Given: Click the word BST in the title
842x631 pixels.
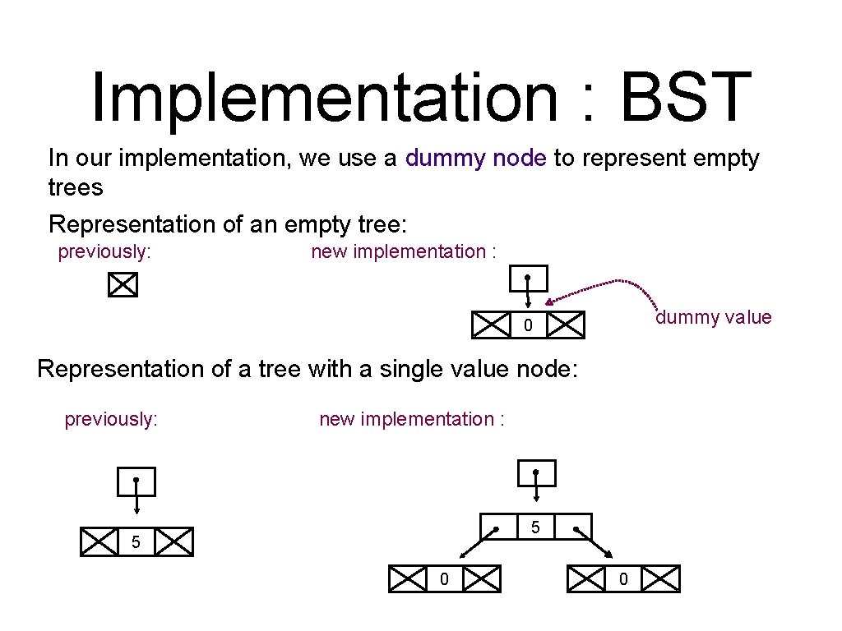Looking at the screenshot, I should pyautogui.click(x=686, y=96).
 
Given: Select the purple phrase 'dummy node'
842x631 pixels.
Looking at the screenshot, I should pyautogui.click(x=476, y=158).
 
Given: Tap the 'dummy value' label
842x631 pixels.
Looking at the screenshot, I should pyautogui.click(x=713, y=318).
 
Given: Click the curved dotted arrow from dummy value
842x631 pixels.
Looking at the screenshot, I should pyautogui.click(x=608, y=285).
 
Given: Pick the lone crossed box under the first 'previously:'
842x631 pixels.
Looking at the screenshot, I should pyautogui.click(x=122, y=285).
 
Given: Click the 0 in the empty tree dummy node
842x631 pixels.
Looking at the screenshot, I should pyautogui.click(x=528, y=326).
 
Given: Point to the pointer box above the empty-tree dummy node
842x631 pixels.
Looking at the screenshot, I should pyautogui.click(x=527, y=279).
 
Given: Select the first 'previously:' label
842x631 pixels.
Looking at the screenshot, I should pyautogui.click(x=104, y=251).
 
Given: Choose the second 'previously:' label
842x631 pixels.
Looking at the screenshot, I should pyautogui.click(x=111, y=419).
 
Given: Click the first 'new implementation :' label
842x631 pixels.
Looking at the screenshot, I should pyautogui.click(x=403, y=251).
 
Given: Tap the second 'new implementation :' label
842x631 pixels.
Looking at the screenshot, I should pyautogui.click(x=411, y=419).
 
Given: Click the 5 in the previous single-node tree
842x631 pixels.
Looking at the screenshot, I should pyautogui.click(x=136, y=543).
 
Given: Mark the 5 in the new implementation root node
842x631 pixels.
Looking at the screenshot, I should pyautogui.click(x=535, y=527).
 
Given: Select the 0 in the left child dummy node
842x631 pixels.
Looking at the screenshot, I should pyautogui.click(x=444, y=579).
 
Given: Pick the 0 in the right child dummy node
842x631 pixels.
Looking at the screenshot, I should pyautogui.click(x=622, y=579).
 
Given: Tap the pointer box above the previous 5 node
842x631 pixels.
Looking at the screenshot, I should pyautogui.click(x=136, y=482).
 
